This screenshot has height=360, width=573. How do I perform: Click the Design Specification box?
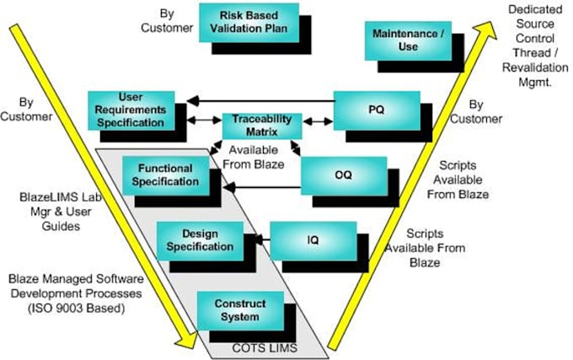195,240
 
